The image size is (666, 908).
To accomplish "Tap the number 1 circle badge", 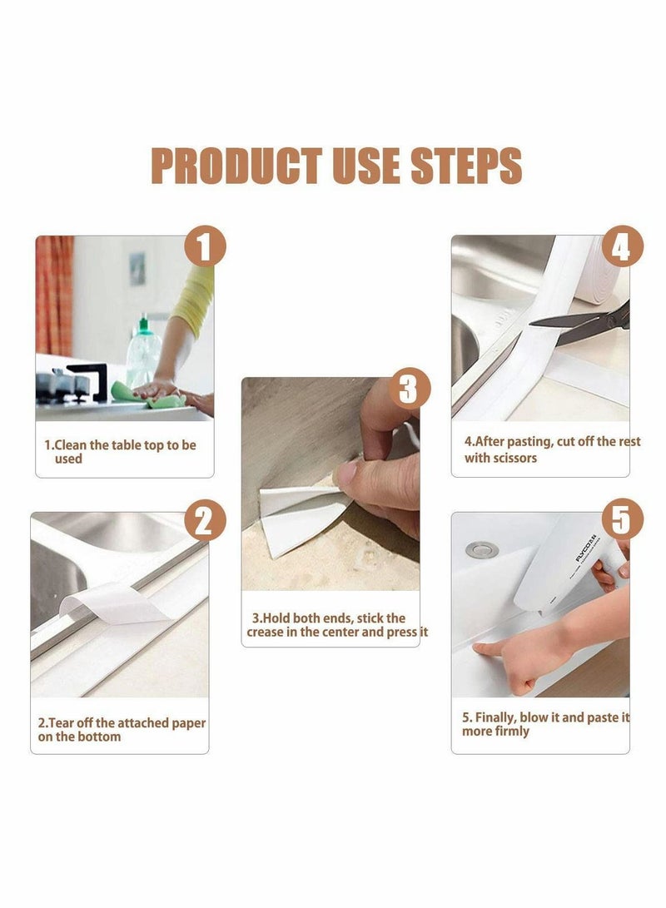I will [x=205, y=248].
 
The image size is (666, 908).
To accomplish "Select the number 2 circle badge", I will [x=205, y=521].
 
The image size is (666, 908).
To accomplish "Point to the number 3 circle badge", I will [x=409, y=389].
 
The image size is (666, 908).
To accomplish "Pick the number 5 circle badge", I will [x=622, y=521].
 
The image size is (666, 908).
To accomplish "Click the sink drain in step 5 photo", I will [x=477, y=549].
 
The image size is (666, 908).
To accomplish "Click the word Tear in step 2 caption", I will [x=65, y=723].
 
